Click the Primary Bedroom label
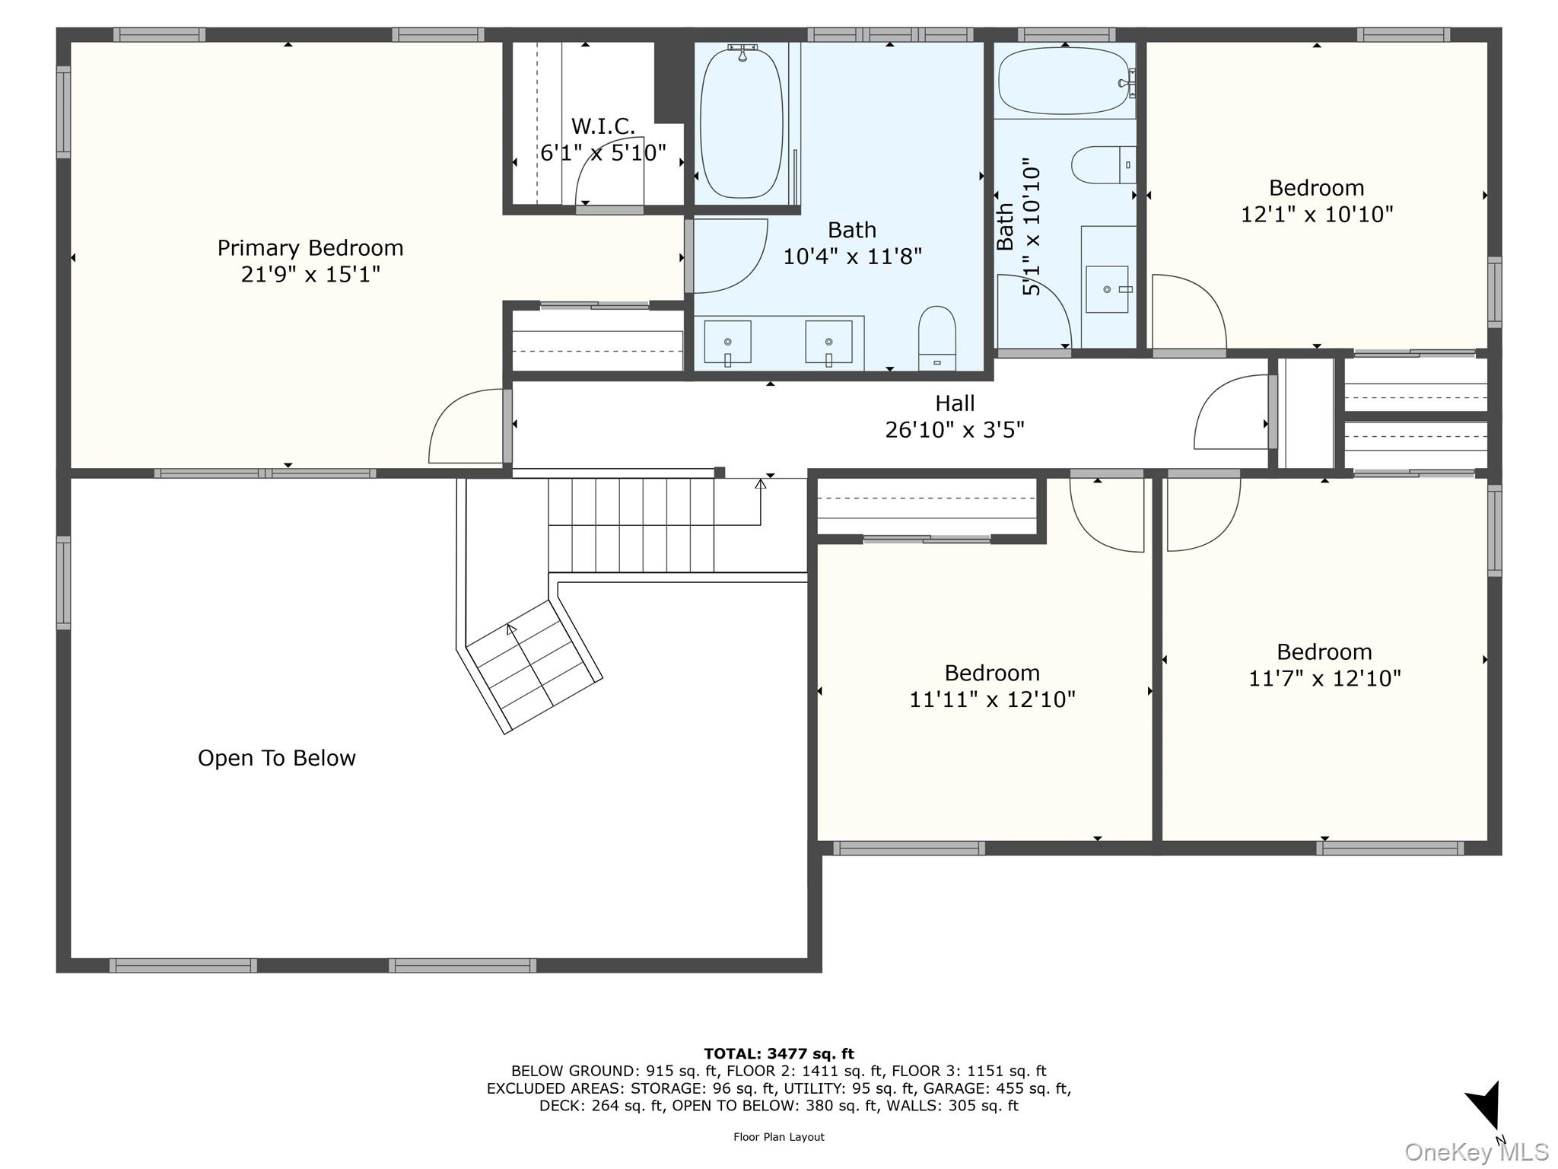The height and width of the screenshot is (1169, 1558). click(x=310, y=248)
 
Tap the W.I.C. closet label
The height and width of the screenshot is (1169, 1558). click(x=603, y=126)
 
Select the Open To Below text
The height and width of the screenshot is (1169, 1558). click(x=277, y=758)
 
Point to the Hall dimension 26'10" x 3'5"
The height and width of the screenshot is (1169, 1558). click(x=955, y=430)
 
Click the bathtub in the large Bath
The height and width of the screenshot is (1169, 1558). click(x=741, y=122)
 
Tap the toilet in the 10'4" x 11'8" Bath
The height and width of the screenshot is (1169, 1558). click(x=936, y=338)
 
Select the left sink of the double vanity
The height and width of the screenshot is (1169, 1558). click(x=727, y=342)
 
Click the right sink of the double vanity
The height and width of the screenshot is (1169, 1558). click(x=828, y=342)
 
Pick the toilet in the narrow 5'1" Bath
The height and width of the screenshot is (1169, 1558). click(x=1104, y=165)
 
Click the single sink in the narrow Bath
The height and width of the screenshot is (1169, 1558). click(x=1108, y=289)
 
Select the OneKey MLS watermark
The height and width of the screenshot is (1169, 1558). click(x=1476, y=1152)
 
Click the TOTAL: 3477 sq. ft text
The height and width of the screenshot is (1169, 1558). click(x=779, y=1054)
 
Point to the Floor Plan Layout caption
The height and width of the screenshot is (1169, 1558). click(x=779, y=1137)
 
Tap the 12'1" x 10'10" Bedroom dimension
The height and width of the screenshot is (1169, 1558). click(x=1317, y=215)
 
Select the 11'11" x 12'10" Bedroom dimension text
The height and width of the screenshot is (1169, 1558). click(x=992, y=699)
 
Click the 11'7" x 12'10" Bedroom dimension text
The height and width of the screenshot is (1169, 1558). click(x=1324, y=678)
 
